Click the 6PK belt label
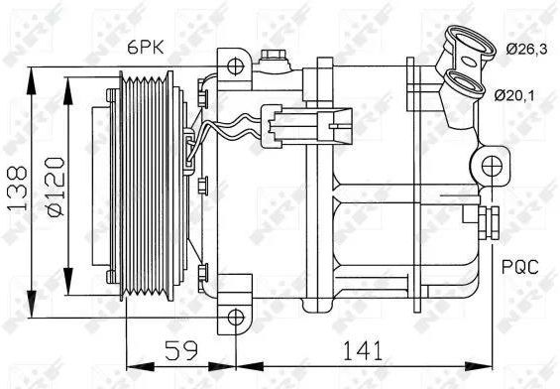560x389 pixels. [x=146, y=47]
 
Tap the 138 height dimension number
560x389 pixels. [x=17, y=188]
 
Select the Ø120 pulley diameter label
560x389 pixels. [x=55, y=187]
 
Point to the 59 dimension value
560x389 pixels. [x=181, y=350]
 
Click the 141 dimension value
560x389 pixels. [x=362, y=350]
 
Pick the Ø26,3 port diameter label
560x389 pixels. [x=526, y=49]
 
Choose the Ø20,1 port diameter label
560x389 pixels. [x=514, y=95]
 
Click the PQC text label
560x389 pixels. [x=519, y=267]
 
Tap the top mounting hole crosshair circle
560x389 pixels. [x=235, y=66]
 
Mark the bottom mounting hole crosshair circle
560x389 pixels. [x=236, y=318]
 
